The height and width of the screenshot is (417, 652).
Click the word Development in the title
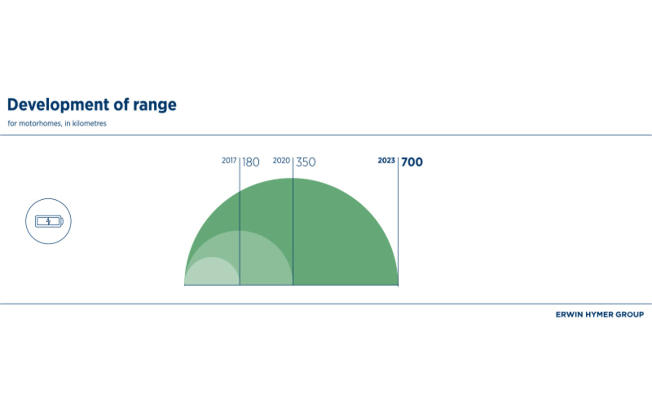[58, 105]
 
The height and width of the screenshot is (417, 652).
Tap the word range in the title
[155, 106]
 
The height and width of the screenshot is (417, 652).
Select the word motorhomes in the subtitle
[40, 124]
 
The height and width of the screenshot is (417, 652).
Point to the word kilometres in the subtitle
[90, 124]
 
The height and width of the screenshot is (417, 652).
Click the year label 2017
[229, 160]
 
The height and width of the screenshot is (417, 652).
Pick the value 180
[251, 162]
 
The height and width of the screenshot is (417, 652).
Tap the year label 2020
[281, 160]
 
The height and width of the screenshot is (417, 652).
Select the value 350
[306, 162]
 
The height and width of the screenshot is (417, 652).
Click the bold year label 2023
[386, 160]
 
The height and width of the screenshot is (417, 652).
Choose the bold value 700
[412, 162]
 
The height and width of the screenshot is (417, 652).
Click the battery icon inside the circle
[49, 222]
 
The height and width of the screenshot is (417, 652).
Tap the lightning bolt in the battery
[48, 222]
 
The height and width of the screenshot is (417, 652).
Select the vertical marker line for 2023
[398, 222]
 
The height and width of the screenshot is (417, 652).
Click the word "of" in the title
[121, 105]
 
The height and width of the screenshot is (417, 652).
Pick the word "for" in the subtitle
[12, 124]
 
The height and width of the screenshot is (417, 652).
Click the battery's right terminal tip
[62, 222]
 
